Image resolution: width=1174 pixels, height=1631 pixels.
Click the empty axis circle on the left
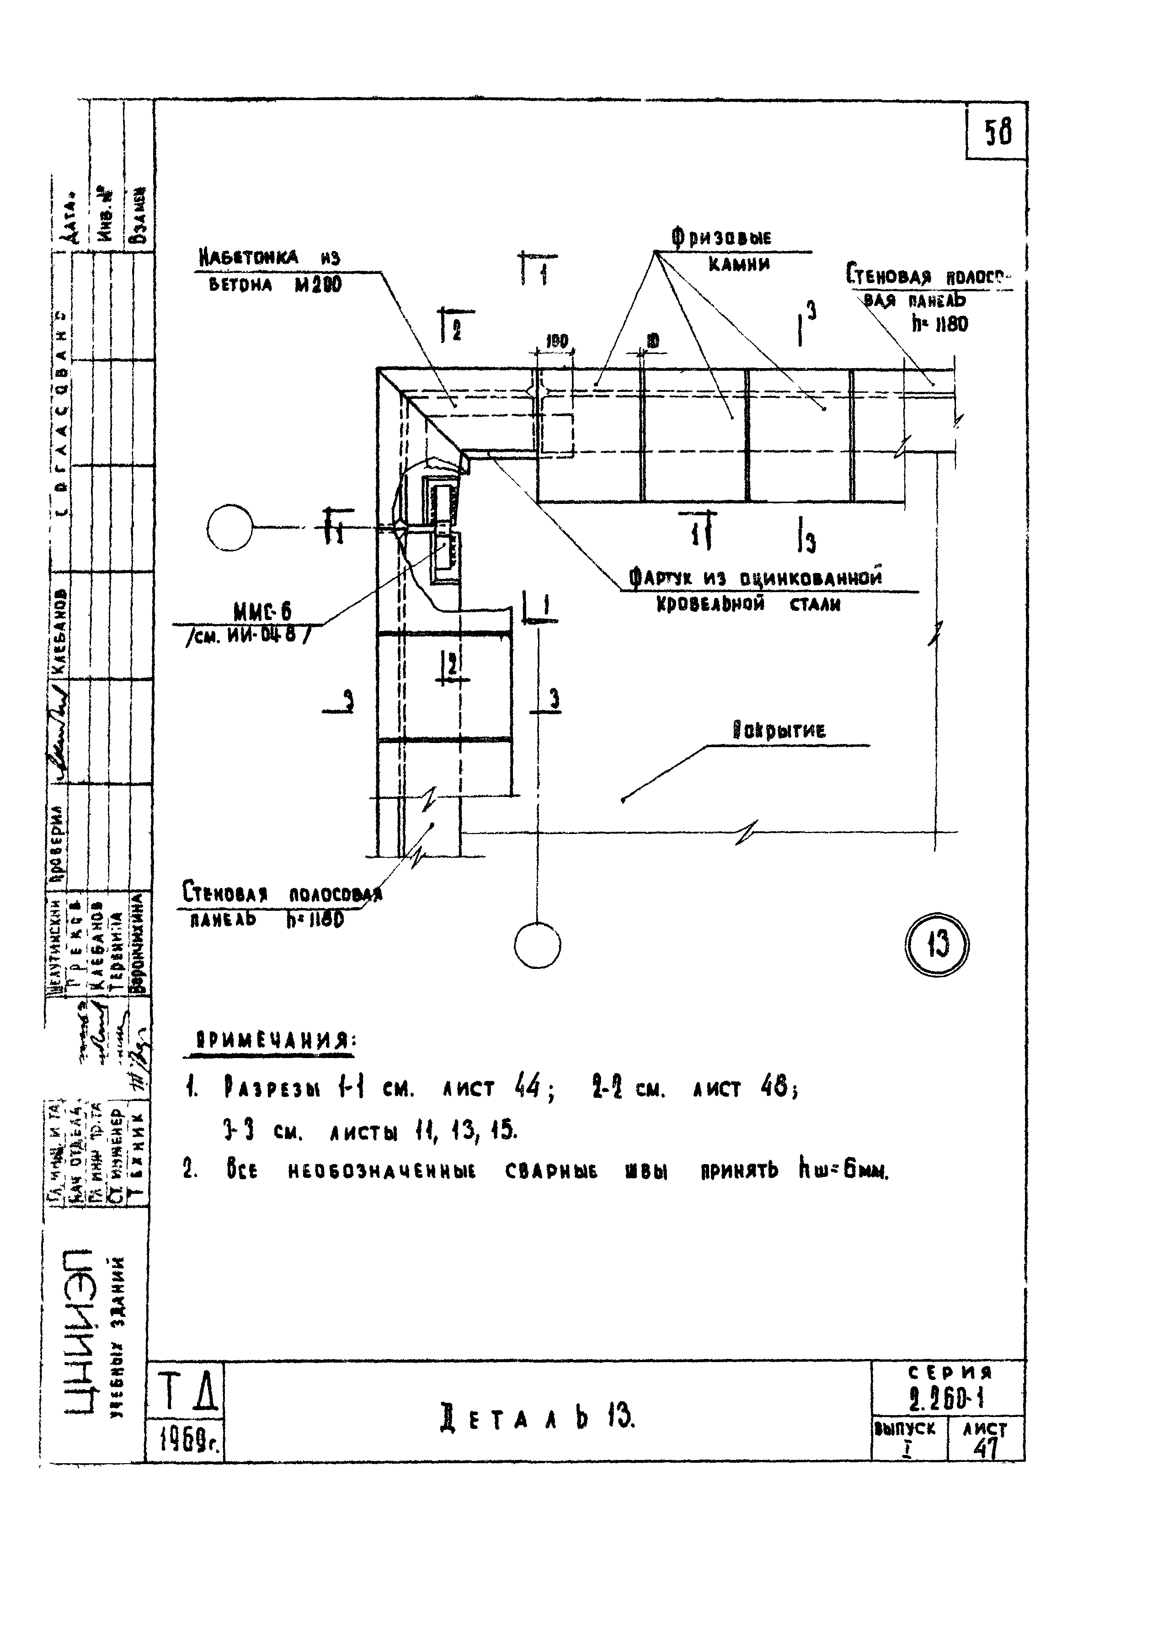(229, 528)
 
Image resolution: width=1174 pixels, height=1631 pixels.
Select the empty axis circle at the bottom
(537, 946)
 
